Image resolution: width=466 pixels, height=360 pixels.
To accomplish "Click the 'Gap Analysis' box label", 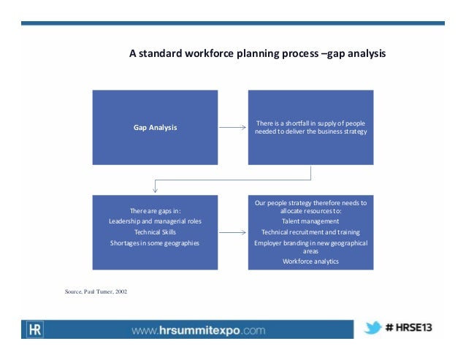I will coord(155,127).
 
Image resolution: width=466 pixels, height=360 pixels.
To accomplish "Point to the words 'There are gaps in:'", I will coord(155,212).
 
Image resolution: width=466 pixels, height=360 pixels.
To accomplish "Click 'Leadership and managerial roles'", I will coord(155,221).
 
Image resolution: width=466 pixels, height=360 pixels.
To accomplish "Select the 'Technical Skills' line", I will coord(155,231).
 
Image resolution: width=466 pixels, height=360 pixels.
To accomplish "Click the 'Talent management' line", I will coord(310,221).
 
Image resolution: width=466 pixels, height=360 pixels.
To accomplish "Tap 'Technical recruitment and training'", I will coord(310,231).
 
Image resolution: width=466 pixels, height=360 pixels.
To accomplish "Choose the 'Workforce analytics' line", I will coord(310,261).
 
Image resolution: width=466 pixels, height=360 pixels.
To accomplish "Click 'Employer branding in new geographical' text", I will coord(310,242).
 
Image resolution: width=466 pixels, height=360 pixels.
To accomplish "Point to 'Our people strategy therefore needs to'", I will coord(310,202).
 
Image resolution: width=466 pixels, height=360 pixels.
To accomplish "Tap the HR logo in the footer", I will coord(34,329).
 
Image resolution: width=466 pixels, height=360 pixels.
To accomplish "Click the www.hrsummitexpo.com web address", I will coord(198,330).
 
